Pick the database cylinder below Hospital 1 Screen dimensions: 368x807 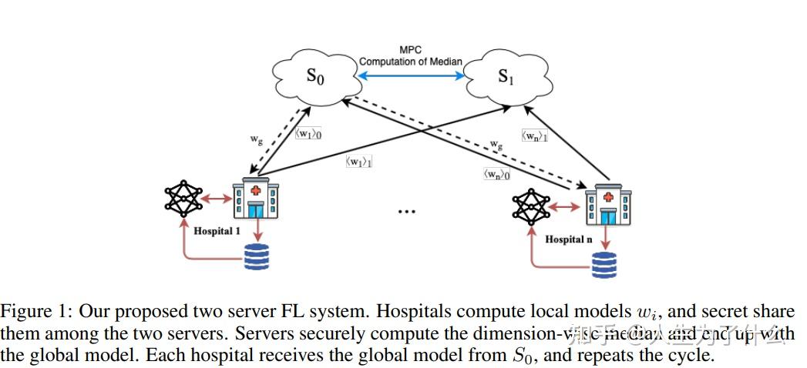257,256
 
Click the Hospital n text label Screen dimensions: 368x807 569,239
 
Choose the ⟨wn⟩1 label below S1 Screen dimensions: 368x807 535,135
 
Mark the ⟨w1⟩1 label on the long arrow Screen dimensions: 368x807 359,162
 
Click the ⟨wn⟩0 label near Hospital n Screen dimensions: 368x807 496,174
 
